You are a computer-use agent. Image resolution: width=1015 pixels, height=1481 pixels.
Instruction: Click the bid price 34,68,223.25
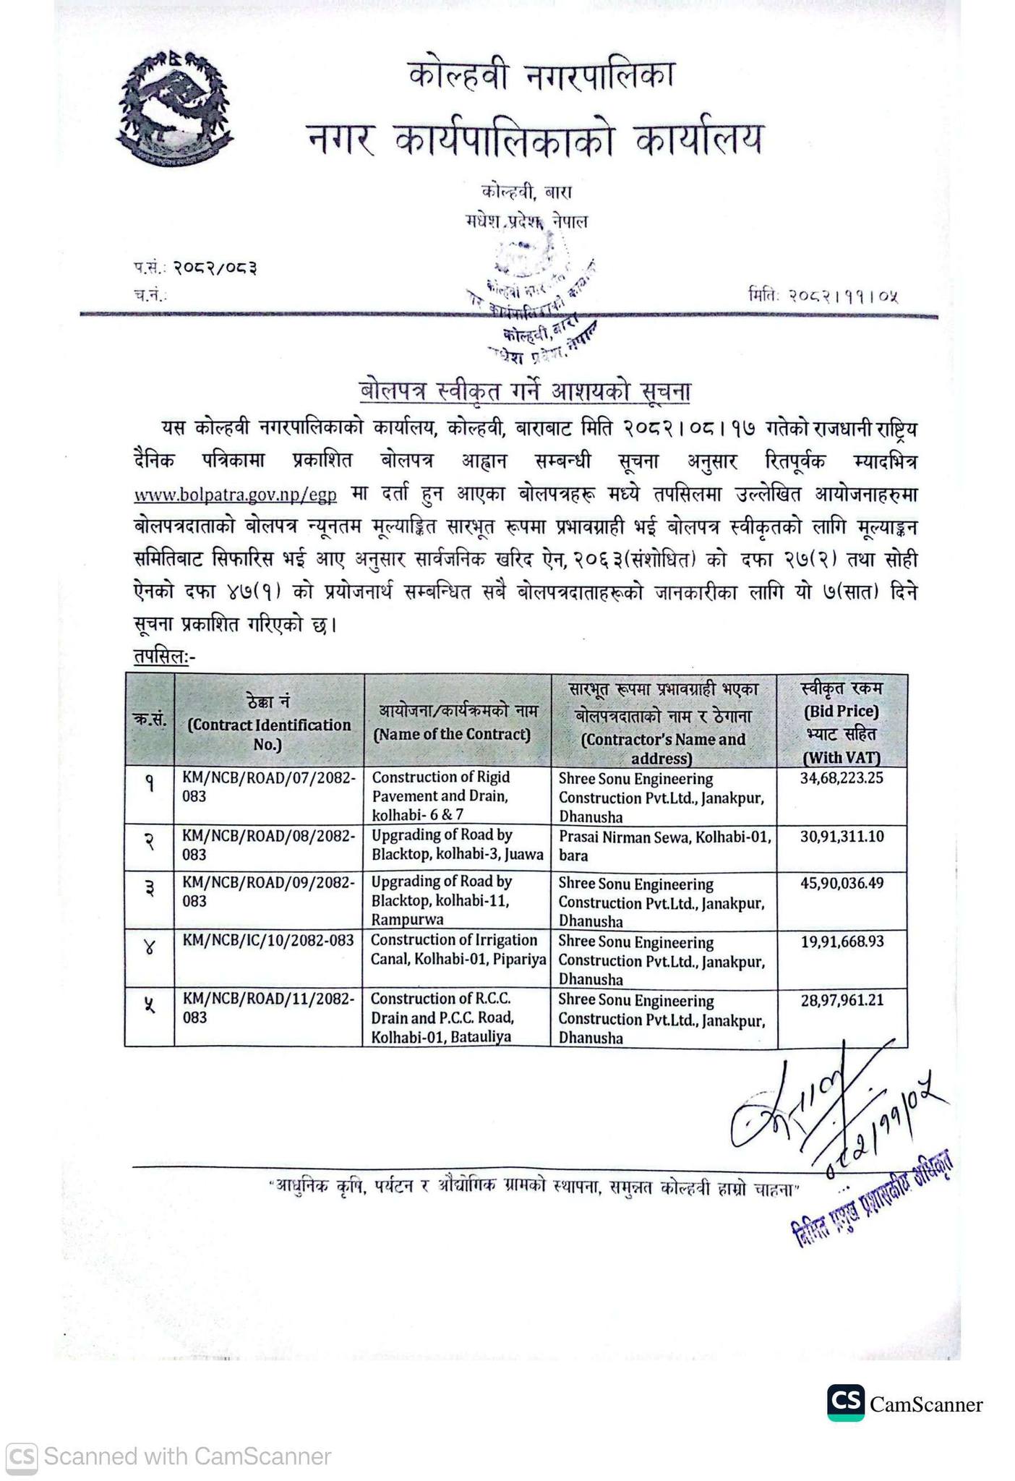(841, 778)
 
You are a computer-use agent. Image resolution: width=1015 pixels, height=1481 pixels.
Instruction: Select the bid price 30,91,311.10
(841, 837)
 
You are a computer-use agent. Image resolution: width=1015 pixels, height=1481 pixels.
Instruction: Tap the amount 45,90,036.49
(841, 883)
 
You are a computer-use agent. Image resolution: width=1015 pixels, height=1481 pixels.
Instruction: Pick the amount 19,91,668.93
(841, 941)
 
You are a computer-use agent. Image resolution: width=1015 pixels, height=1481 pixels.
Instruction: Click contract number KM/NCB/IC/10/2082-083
(268, 940)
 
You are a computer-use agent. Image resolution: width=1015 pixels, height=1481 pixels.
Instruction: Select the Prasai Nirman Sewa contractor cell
(664, 846)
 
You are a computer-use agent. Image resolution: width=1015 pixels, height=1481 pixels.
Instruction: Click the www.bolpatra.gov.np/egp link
(236, 495)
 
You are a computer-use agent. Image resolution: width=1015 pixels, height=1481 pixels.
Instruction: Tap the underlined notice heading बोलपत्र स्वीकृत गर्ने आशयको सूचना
(525, 392)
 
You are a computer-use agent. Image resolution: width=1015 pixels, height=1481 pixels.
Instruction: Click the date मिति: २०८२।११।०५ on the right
(824, 295)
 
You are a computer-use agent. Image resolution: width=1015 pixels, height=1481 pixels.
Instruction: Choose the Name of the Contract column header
(456, 723)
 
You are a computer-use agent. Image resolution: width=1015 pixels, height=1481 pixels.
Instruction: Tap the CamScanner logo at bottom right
(846, 1404)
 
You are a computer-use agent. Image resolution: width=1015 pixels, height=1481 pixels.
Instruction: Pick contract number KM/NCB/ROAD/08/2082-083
(268, 845)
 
